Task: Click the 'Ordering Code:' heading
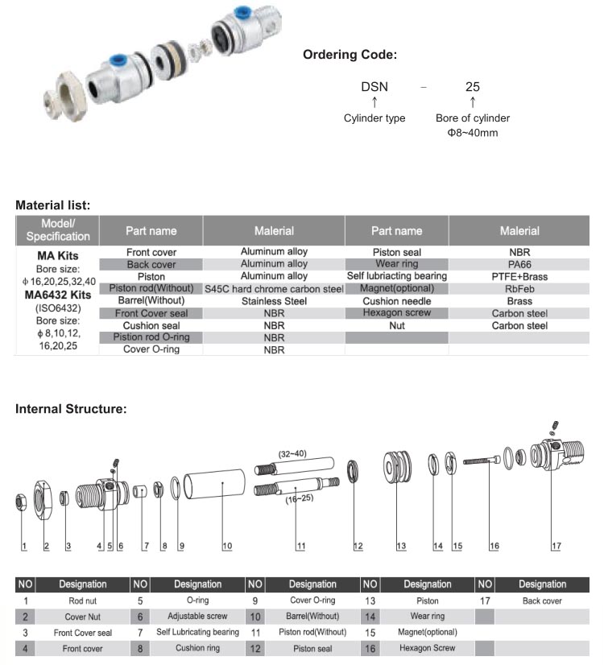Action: click(x=350, y=56)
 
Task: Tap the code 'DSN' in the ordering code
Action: click(x=374, y=86)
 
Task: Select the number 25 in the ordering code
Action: click(x=473, y=86)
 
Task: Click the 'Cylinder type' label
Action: click(x=374, y=118)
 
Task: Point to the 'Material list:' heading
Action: click(x=53, y=205)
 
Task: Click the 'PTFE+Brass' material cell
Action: click(x=519, y=276)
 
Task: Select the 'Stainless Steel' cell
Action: click(x=274, y=301)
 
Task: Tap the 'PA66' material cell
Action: click(x=519, y=264)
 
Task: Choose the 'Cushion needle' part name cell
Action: click(x=396, y=301)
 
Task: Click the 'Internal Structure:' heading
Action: click(x=72, y=409)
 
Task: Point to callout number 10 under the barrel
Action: click(x=227, y=547)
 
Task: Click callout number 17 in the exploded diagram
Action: click(x=556, y=547)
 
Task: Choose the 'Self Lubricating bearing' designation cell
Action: click(x=197, y=632)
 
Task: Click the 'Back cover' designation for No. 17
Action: click(x=542, y=601)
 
